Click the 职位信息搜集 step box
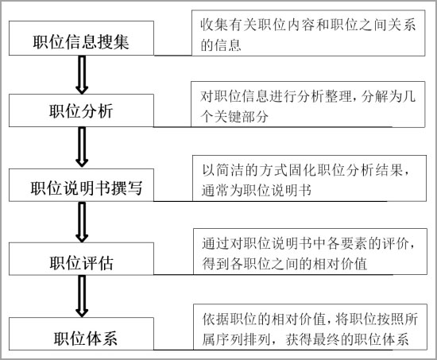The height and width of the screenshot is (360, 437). pos(81,38)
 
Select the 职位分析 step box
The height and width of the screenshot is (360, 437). pos(81,110)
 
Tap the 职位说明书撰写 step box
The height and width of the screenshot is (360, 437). pos(81,185)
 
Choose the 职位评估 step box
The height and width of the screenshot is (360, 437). pos(81,259)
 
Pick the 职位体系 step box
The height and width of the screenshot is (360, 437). pos(81,334)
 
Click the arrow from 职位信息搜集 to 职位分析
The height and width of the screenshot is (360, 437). pos(82,75)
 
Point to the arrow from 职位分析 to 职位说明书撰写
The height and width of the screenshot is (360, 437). pos(82,147)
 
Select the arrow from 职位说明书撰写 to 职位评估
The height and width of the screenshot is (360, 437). pos(82,222)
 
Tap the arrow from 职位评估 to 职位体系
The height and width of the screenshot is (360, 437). pos(82,296)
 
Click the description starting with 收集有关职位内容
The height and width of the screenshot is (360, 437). pos(308,33)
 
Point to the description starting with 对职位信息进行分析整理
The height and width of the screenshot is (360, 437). pos(308,104)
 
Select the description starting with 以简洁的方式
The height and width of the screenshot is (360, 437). pos(309,178)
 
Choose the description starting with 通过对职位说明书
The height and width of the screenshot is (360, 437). pos(310,252)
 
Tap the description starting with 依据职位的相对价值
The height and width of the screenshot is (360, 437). pos(310,327)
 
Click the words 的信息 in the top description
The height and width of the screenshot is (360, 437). pos(221,45)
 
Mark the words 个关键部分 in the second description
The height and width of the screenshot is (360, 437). pos(234,116)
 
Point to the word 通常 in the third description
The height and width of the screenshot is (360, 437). pos(215,191)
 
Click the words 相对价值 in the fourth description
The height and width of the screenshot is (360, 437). pos(340,264)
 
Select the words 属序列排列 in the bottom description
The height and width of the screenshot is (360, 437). pos(236,339)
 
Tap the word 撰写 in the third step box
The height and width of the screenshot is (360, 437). pos(127,188)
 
